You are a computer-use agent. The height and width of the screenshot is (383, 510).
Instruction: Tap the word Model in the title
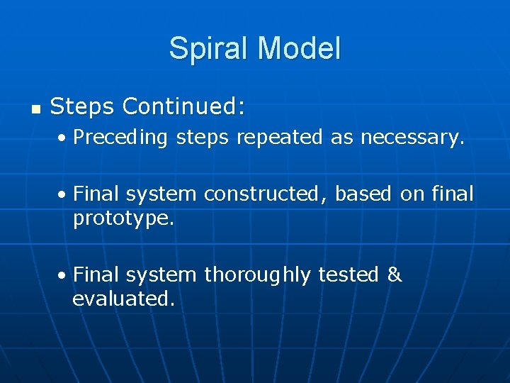pos(300,49)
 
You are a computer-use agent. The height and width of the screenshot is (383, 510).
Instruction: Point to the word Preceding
pos(120,138)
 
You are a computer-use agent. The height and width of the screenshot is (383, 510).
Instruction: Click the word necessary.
pos(412,138)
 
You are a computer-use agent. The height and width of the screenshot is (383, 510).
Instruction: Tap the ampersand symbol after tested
pos(395,275)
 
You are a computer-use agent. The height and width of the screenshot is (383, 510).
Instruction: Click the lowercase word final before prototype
pos(453,194)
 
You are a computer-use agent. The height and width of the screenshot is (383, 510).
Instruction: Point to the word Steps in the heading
pos(83,107)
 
